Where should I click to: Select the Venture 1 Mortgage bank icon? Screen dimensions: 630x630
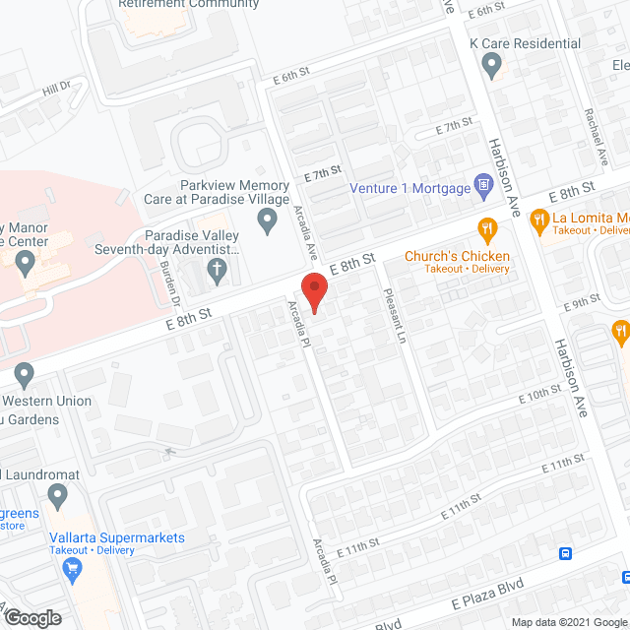(483, 184)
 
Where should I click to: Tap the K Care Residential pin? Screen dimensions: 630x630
(492, 65)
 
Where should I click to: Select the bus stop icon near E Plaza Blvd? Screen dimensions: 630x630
(567, 553)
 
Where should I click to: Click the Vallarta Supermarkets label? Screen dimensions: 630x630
(117, 537)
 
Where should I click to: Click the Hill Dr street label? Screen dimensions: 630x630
(57, 90)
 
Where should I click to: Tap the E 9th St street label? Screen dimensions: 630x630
(584, 300)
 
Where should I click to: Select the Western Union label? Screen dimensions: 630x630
(46, 402)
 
